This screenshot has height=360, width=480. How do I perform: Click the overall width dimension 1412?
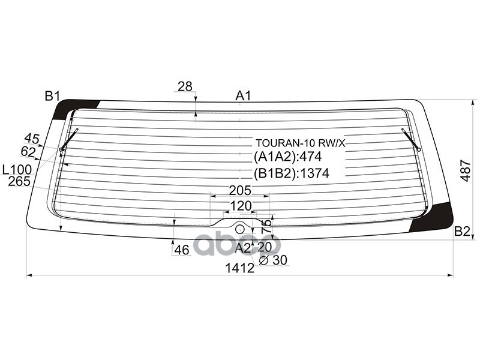pyautogui.click(x=240, y=269)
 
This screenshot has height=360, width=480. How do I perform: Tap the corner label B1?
pyautogui.click(x=52, y=95)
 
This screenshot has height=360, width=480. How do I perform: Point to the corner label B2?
pyautogui.click(x=461, y=232)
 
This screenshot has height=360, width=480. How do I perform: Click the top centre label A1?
pyautogui.click(x=242, y=95)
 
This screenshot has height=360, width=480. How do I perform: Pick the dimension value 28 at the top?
pyautogui.click(x=185, y=86)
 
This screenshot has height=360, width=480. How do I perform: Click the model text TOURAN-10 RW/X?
pyautogui.click(x=301, y=143)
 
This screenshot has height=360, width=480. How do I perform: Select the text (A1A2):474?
pyautogui.click(x=288, y=158)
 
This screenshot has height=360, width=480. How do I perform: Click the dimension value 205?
pyautogui.click(x=239, y=191)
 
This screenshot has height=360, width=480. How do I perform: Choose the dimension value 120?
pyautogui.click(x=241, y=206)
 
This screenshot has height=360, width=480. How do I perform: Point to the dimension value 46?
pyautogui.click(x=181, y=250)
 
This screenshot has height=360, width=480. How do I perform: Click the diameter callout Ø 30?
pyautogui.click(x=274, y=260)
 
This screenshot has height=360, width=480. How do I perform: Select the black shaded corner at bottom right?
pyautogui.click(x=437, y=217)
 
